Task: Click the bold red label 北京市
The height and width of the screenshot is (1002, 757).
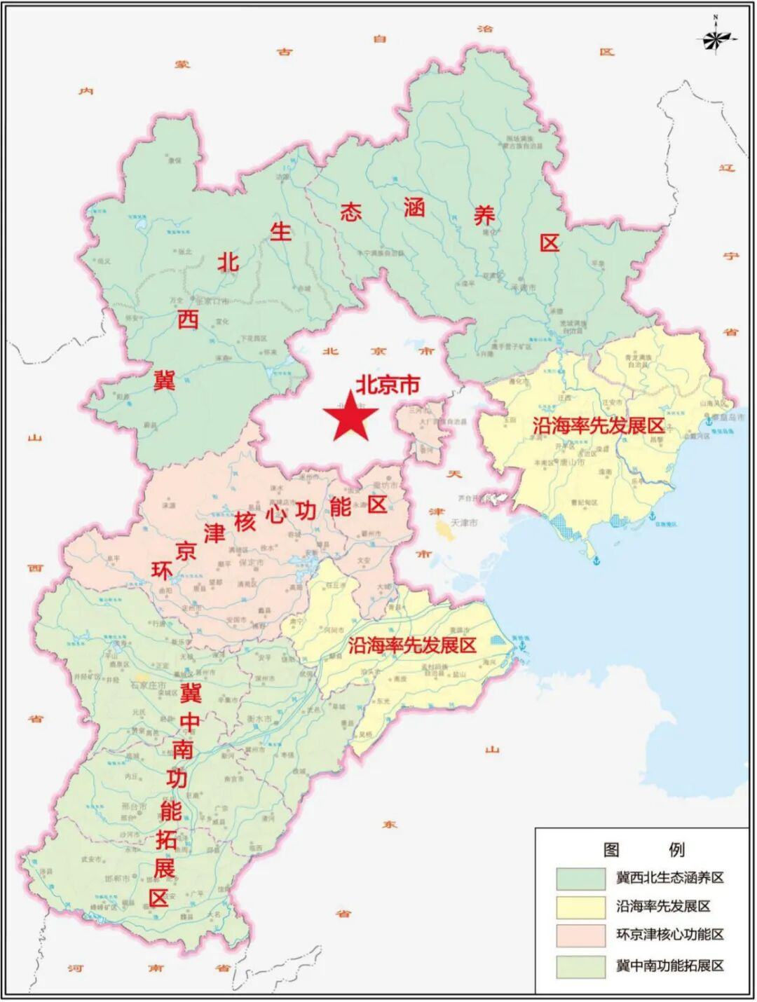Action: tap(388, 385)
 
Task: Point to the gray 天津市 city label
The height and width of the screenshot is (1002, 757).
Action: tap(463, 523)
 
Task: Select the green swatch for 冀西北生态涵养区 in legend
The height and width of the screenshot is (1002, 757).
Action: tap(580, 878)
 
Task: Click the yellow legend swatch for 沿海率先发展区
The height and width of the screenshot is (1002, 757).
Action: tap(580, 907)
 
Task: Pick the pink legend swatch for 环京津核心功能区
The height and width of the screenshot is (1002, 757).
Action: tap(580, 935)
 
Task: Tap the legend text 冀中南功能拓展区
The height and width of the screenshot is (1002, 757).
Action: tap(669, 965)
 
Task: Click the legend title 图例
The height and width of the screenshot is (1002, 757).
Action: tap(643, 849)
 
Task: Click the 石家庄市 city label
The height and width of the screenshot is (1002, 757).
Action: tap(148, 685)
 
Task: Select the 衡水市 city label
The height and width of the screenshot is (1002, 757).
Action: tap(259, 720)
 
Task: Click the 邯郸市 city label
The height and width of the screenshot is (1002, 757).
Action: tap(117, 879)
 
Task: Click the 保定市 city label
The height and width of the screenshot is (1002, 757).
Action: tap(250, 563)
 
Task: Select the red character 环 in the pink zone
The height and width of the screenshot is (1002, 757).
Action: tap(162, 571)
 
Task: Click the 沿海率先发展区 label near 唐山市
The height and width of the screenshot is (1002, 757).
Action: tap(598, 425)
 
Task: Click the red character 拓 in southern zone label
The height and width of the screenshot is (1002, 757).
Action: tap(167, 839)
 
